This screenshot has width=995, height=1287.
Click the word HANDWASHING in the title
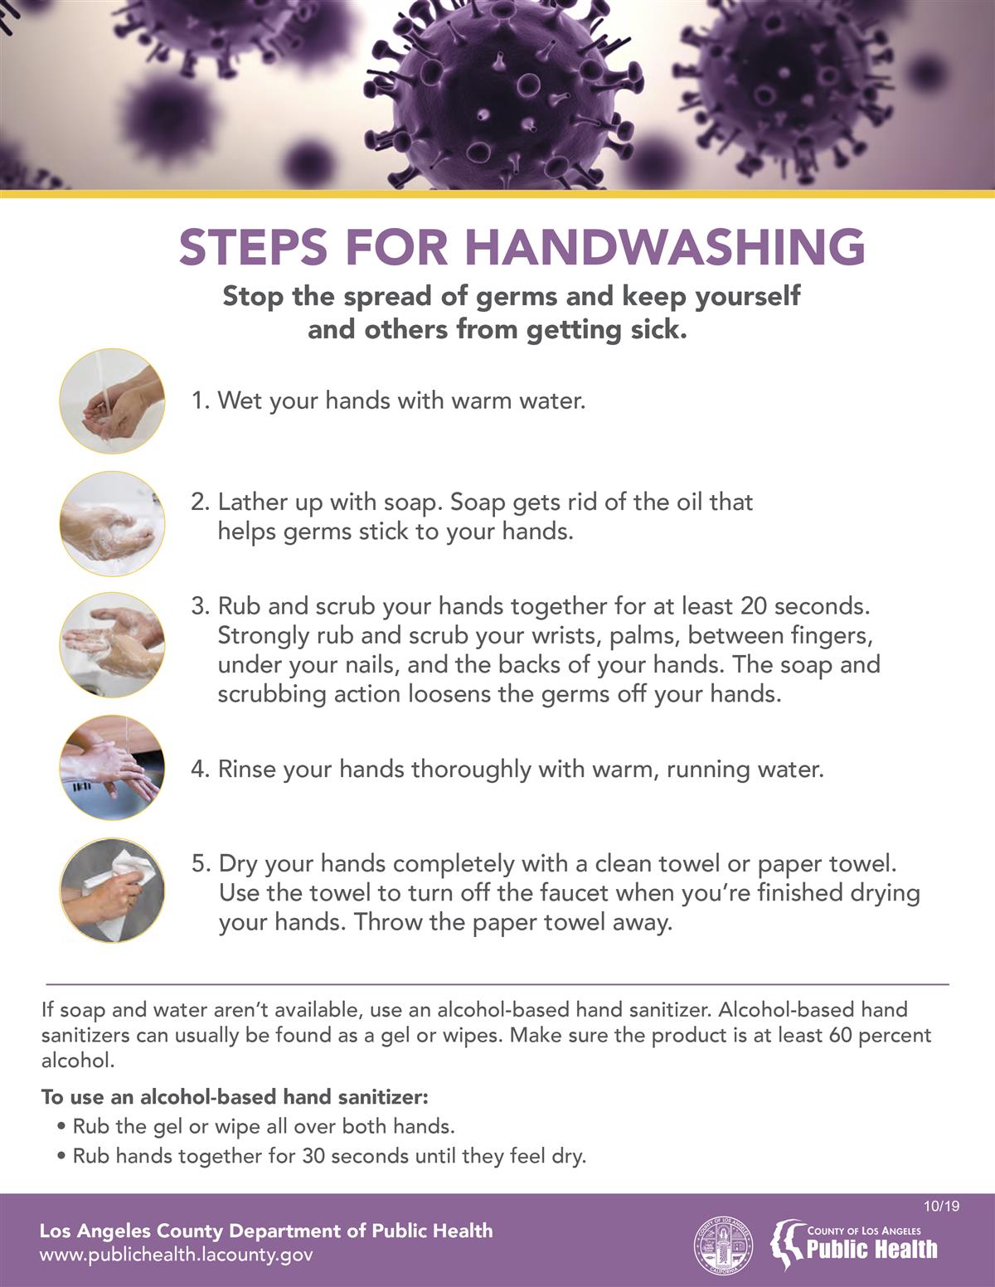click(664, 247)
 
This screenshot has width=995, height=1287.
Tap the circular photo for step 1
click(112, 401)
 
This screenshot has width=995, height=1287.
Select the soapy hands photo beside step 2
click(112, 524)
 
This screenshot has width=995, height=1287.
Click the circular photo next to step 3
click(112, 645)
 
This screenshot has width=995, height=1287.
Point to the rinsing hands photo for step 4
click(112, 768)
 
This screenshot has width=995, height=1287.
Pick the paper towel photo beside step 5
click(112, 891)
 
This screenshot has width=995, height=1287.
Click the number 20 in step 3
click(754, 606)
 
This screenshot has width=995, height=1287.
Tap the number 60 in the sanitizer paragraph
click(840, 1035)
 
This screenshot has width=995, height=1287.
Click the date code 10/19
click(941, 1206)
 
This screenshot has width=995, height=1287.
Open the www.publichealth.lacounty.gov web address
click(176, 1255)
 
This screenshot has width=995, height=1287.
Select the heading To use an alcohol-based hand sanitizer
click(235, 1097)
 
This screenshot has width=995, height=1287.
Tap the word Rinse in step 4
click(247, 770)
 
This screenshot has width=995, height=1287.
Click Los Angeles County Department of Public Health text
click(266, 1231)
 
